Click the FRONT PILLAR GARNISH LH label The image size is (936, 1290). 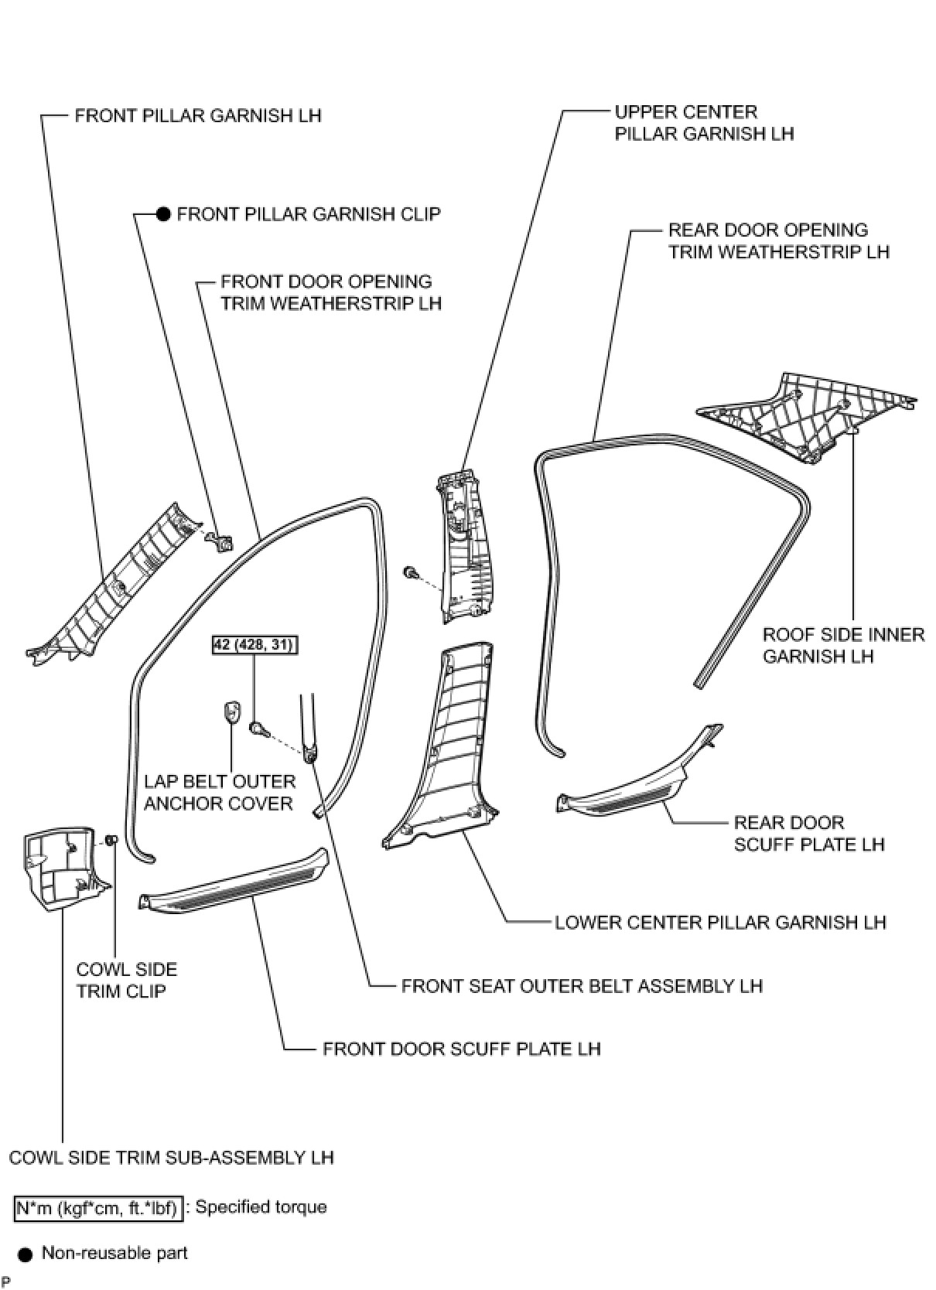click(197, 116)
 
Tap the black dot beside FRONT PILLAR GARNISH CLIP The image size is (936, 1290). click(163, 214)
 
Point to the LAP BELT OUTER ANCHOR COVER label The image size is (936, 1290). click(220, 793)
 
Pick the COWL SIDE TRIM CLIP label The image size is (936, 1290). click(127, 980)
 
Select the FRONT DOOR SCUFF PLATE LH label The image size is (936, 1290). click(461, 1049)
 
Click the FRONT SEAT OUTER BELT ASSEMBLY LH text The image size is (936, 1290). click(582, 986)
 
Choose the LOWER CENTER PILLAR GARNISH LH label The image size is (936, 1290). click(720, 922)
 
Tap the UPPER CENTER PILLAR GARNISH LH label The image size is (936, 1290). click(704, 123)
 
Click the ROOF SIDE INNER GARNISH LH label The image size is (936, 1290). click(843, 646)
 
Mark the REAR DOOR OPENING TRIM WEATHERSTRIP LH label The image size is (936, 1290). click(778, 241)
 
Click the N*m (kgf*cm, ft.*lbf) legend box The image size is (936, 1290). click(98, 1208)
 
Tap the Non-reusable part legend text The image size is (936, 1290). click(114, 1253)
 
